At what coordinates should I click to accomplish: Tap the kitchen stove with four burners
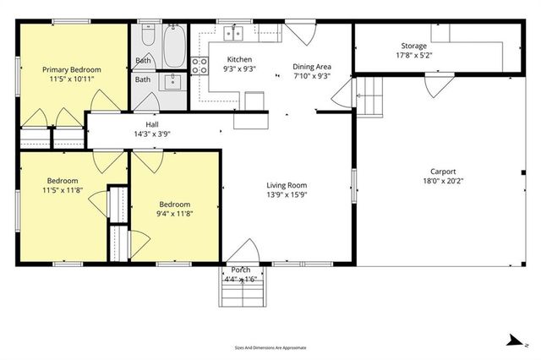click(x=200, y=65)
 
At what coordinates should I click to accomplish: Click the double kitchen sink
click(x=234, y=34)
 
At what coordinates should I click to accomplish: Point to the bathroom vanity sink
click(x=174, y=81)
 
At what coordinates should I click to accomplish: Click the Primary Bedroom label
click(x=74, y=69)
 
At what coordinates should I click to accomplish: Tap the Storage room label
click(x=413, y=46)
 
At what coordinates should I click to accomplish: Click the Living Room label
click(x=287, y=185)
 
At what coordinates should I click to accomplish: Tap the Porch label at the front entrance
click(x=241, y=270)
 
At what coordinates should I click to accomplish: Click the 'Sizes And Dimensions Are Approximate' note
click(x=270, y=347)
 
